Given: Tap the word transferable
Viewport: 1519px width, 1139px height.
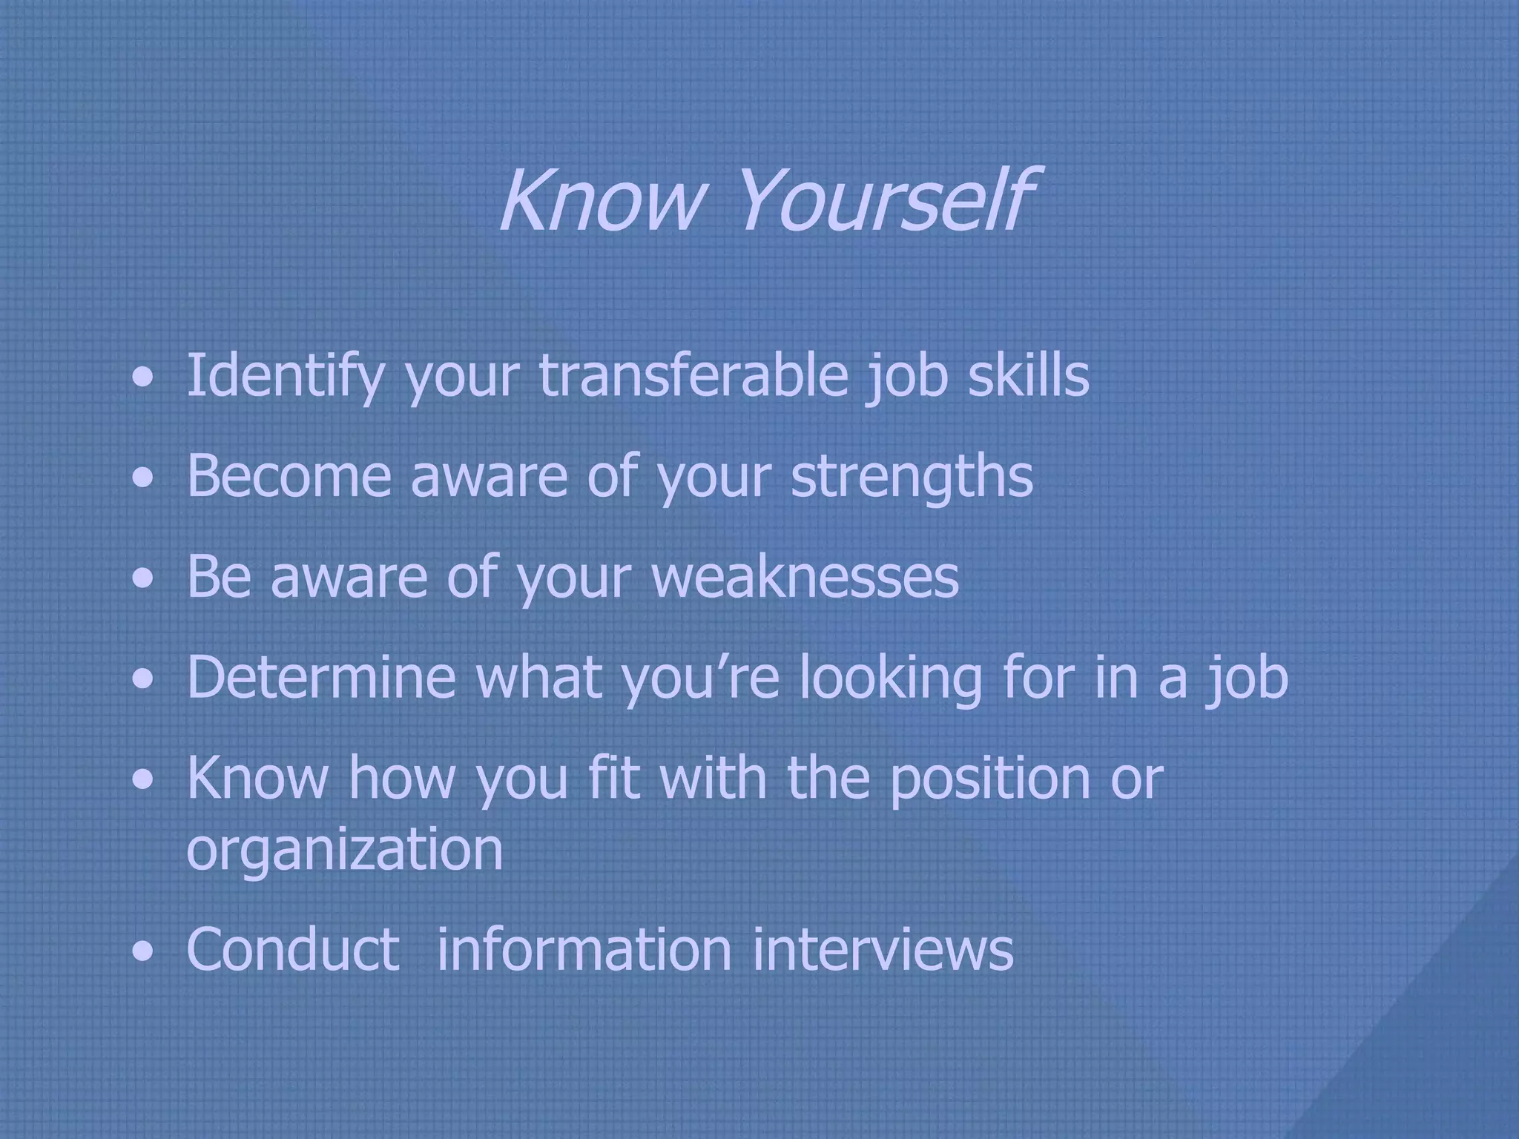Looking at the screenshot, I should (693, 375).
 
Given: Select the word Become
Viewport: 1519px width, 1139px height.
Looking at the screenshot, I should (289, 475).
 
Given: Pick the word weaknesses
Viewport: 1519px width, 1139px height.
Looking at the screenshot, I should (805, 578).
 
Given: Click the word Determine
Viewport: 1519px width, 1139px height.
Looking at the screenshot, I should (321, 677).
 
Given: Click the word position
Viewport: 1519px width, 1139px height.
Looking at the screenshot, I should (989, 779).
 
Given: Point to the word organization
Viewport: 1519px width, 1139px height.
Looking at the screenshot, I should (345, 850).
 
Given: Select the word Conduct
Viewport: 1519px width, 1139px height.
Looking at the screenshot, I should (293, 948).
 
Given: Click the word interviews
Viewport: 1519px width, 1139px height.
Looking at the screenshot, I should (883, 948).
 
